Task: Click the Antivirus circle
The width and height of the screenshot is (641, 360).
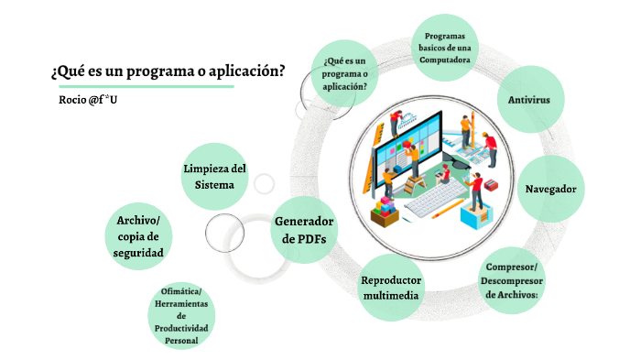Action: coord(528,99)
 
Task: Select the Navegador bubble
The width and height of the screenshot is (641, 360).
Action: coord(549,190)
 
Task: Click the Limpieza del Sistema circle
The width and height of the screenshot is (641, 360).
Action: coord(214,176)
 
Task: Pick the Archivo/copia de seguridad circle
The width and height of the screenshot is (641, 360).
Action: coord(138,235)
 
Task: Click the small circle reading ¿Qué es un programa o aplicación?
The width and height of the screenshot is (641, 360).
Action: coord(345,73)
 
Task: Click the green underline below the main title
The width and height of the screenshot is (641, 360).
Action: coord(142,87)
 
